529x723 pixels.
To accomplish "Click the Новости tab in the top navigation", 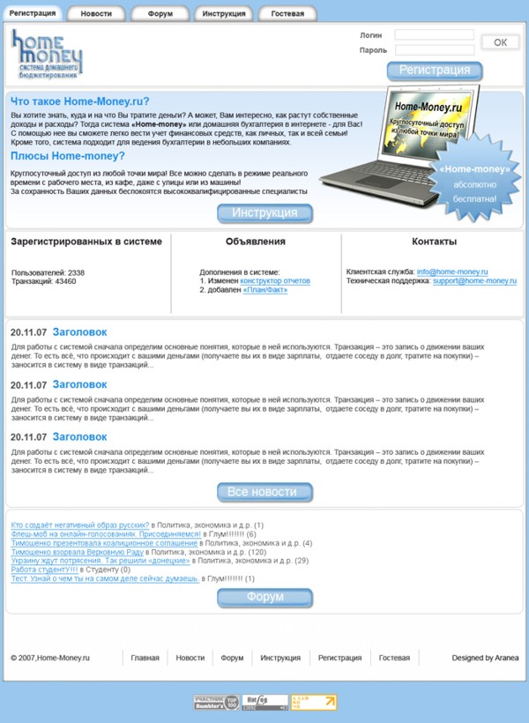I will [x=96, y=14].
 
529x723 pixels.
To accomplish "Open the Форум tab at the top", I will [x=160, y=14].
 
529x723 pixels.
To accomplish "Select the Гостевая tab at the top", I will [x=287, y=14].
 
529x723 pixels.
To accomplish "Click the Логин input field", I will [x=434, y=35].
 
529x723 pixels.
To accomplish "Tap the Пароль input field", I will [x=434, y=50].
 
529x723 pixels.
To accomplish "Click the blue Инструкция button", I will [x=264, y=213].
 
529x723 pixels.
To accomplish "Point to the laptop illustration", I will [x=388, y=137].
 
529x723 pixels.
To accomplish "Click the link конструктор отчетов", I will [x=275, y=281].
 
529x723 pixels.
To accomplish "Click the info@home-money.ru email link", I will [x=452, y=272].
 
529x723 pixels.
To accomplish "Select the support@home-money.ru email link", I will [x=474, y=281].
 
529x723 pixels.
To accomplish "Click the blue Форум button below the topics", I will [x=264, y=598].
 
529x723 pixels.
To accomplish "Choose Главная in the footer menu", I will [x=145, y=658].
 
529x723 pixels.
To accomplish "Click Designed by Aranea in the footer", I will [x=485, y=658].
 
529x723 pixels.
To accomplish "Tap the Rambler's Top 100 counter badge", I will [x=216, y=703].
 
